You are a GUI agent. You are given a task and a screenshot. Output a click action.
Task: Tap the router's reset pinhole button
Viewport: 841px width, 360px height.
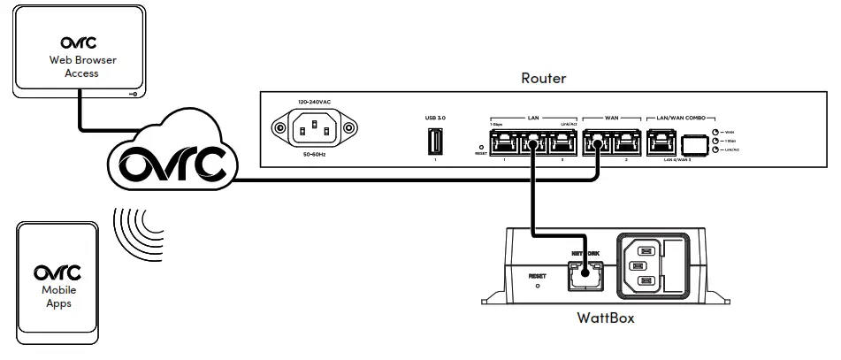pyautogui.click(x=480, y=147)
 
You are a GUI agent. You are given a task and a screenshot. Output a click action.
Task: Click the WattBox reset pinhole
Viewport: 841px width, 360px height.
pyautogui.click(x=538, y=286)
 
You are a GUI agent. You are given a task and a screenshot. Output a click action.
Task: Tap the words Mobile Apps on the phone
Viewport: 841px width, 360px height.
pyautogui.click(x=59, y=295)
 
